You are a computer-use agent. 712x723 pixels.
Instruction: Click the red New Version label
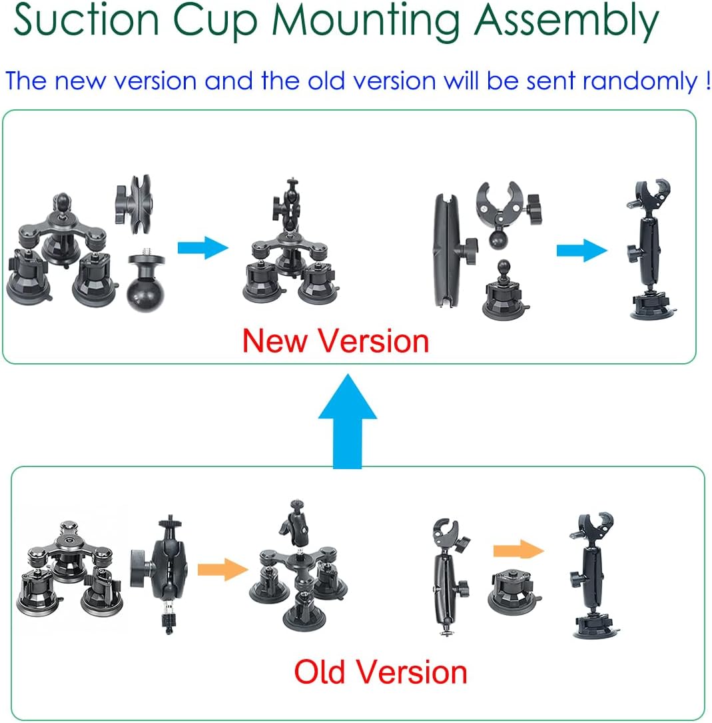click(335, 341)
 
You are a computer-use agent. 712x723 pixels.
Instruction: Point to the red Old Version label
click(380, 672)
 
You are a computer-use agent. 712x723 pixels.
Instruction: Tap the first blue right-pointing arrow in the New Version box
click(202, 249)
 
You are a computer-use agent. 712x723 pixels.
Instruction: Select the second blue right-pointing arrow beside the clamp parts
click(581, 251)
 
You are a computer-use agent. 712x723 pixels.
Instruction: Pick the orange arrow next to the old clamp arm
click(518, 550)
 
